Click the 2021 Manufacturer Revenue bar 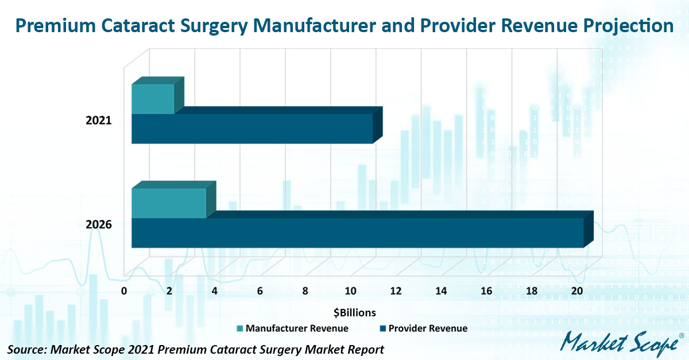153,99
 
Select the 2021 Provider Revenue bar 252,129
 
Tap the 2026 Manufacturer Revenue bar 169,203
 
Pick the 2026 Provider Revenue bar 357,233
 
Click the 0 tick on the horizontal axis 124,291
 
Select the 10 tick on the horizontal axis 350,291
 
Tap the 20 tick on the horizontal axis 576,291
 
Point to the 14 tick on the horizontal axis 440,291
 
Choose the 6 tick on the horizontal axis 260,291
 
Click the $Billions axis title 354,313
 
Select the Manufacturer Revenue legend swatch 239,329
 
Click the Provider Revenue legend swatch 382,329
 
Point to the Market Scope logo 619,344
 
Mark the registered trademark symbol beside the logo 681,335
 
